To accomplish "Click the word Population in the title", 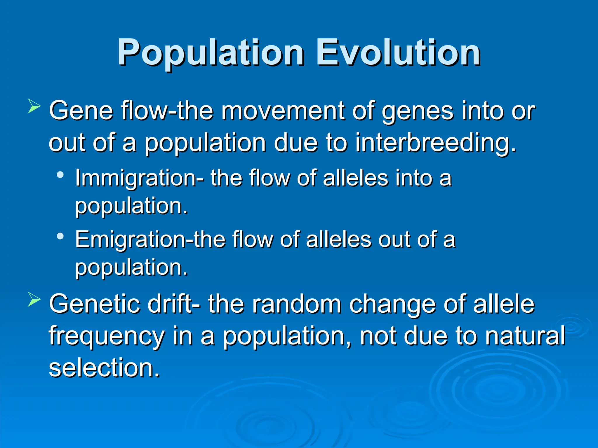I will [x=210, y=53].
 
